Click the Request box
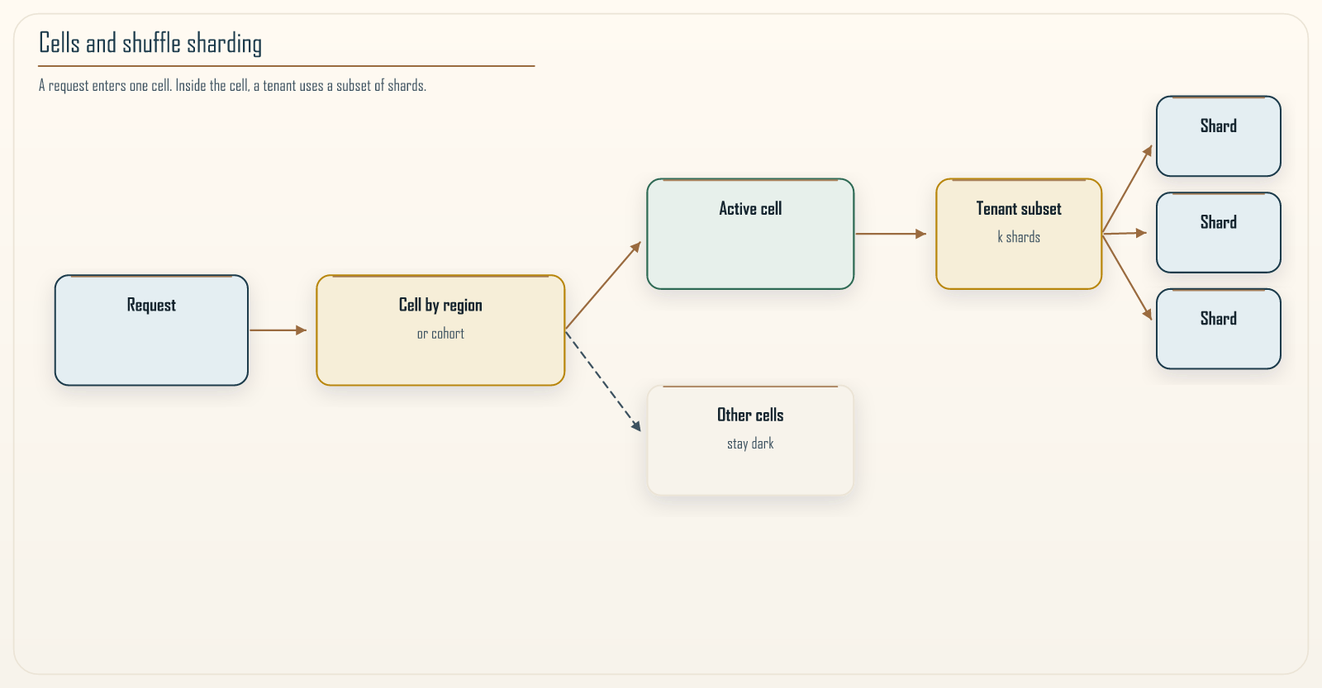click(151, 330)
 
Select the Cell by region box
click(440, 330)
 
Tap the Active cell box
click(750, 234)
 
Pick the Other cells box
click(750, 440)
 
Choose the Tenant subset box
click(1019, 234)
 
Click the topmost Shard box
click(1218, 136)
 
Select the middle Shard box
click(1218, 232)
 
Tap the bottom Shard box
click(1218, 329)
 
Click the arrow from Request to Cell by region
click(278, 330)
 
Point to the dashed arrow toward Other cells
click(603, 382)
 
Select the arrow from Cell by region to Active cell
click(603, 285)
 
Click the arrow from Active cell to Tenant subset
click(892, 234)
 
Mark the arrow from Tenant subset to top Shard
click(1127, 189)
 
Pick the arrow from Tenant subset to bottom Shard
click(1127, 278)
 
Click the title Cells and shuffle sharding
click(150, 43)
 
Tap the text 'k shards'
click(1019, 237)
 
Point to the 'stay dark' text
click(750, 444)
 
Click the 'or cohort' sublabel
click(440, 334)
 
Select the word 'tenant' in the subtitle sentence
click(280, 86)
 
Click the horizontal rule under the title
click(286, 66)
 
